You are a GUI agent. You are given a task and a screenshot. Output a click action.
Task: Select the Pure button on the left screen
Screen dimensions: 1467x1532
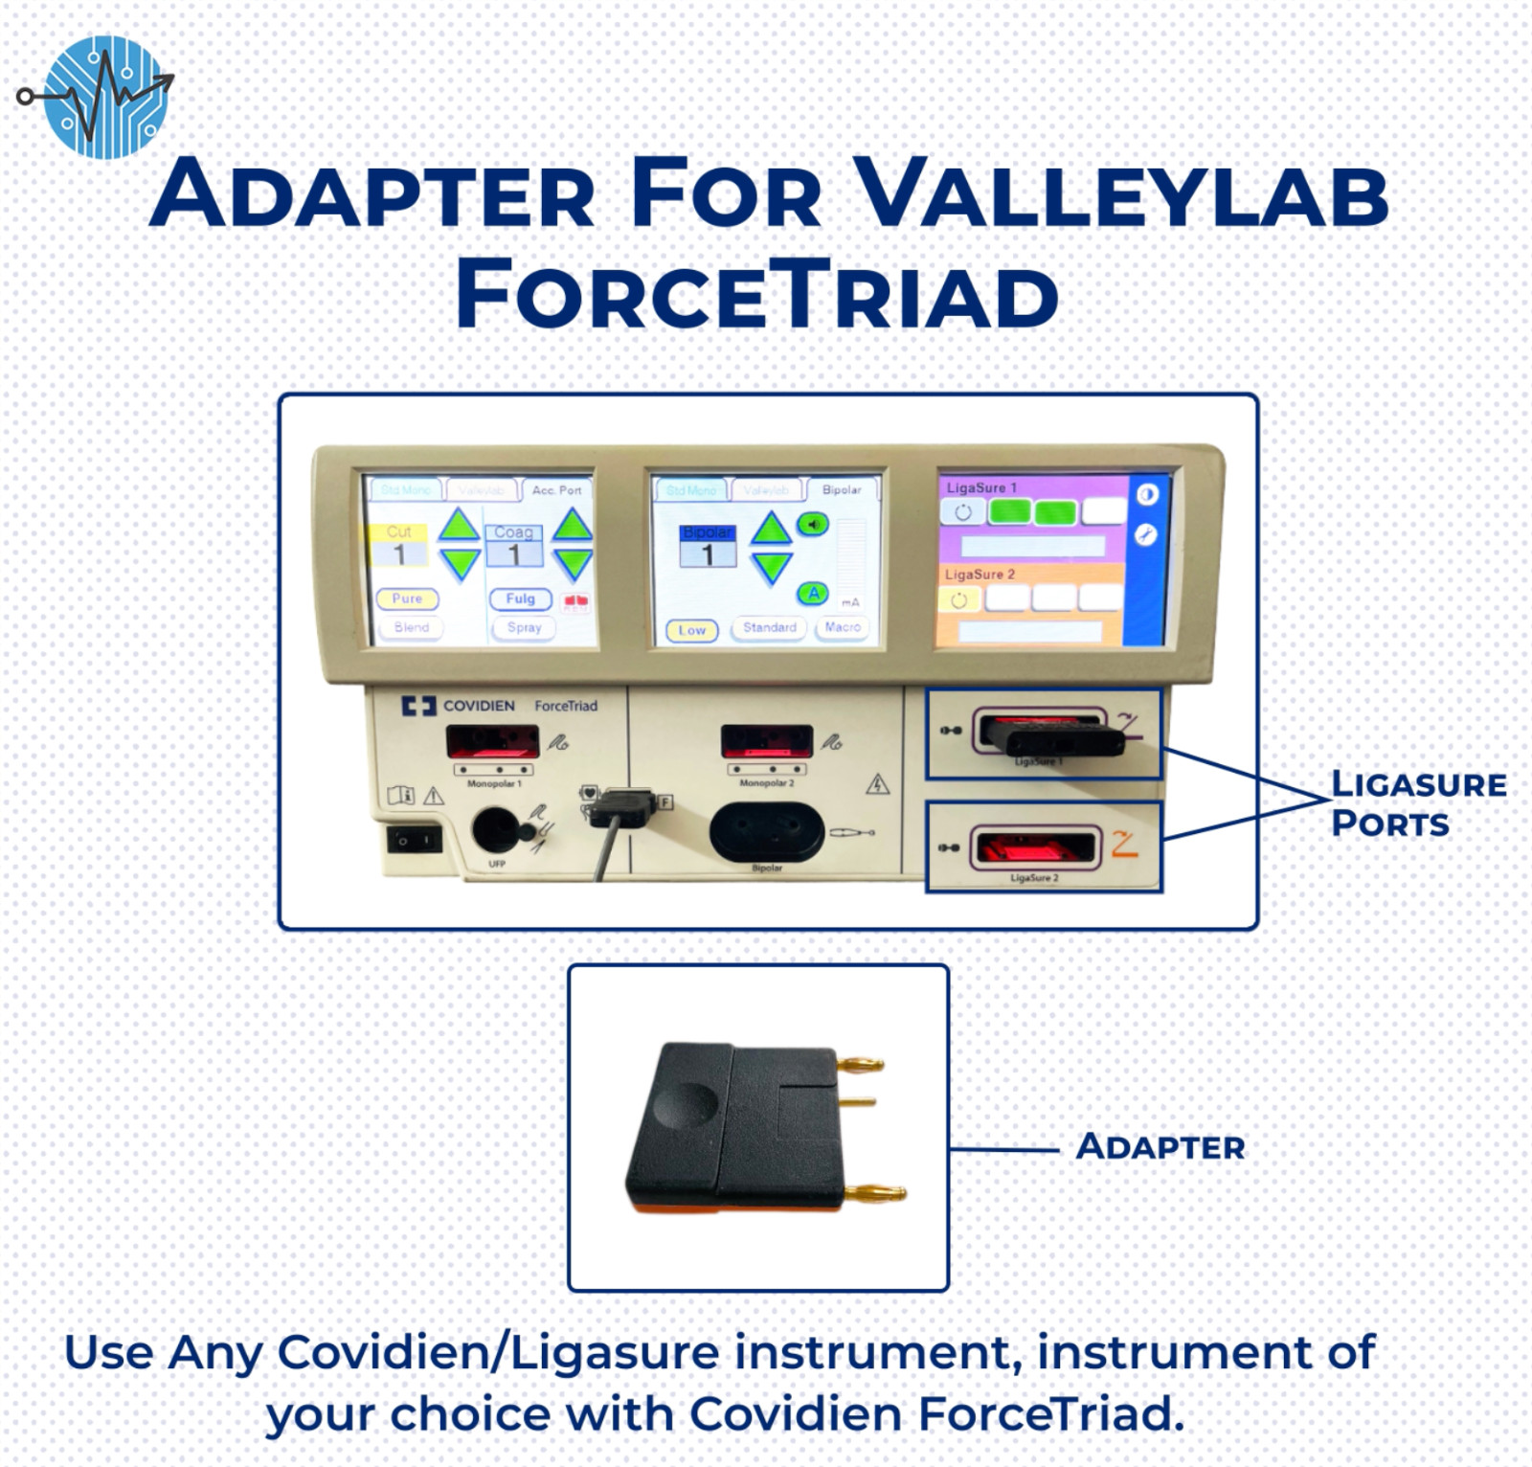407,598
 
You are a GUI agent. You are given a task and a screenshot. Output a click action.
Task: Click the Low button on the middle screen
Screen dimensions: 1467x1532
691,630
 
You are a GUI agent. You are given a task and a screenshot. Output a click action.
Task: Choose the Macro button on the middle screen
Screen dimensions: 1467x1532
842,627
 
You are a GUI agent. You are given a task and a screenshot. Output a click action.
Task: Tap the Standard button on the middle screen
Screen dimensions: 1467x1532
769,627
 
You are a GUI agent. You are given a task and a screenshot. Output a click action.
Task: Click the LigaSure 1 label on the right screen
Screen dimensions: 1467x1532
981,487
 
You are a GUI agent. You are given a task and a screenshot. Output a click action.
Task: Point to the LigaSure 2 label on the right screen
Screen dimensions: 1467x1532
980,574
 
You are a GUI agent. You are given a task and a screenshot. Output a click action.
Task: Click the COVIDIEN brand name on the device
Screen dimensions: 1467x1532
478,706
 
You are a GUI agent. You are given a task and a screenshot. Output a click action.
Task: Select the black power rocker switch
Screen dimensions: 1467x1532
414,840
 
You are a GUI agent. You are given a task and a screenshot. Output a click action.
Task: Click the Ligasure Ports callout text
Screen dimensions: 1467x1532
1417,803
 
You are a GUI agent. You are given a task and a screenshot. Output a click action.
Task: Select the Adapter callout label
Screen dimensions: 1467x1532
1160,1146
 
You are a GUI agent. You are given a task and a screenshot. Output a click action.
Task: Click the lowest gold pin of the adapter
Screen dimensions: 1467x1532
875,1193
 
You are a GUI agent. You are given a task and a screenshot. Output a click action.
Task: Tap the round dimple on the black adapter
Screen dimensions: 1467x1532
687,1105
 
